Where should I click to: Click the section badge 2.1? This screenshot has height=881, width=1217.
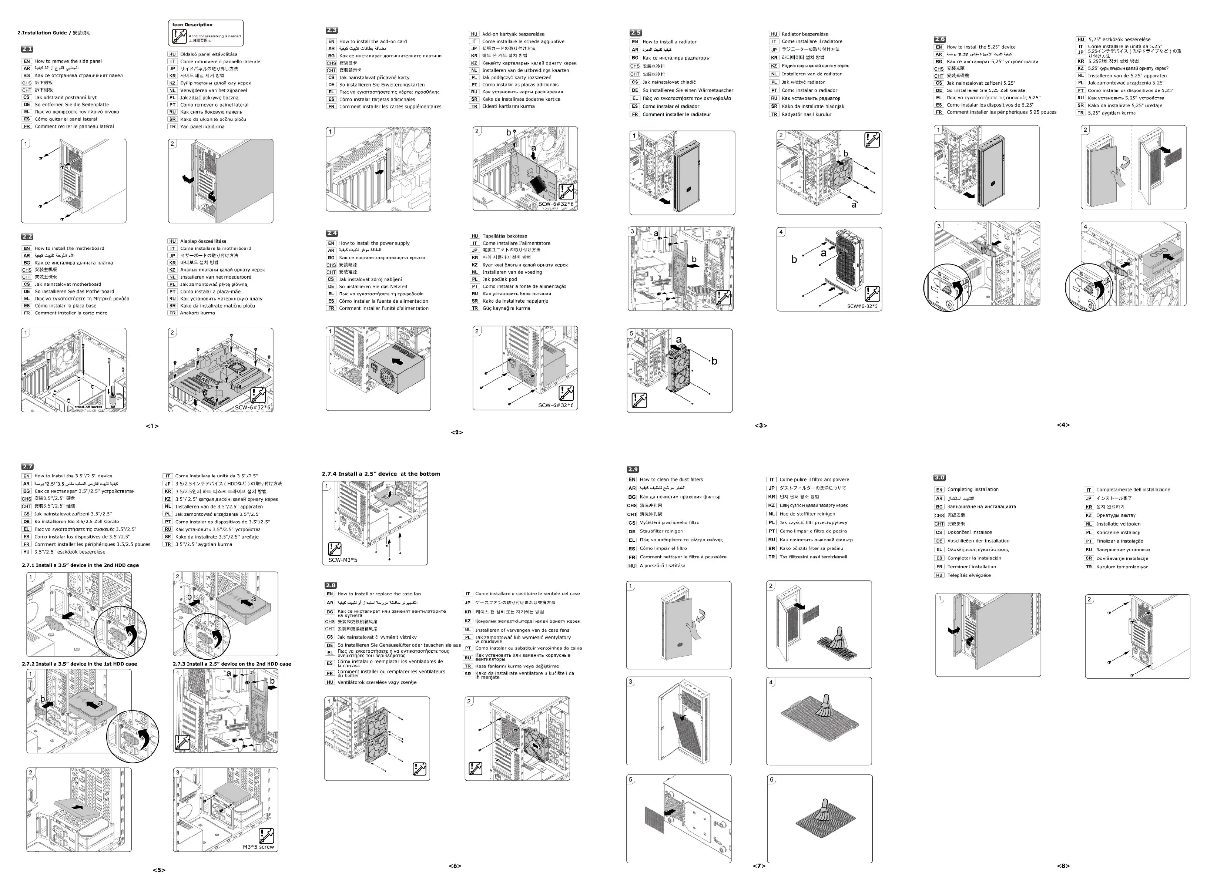(x=27, y=49)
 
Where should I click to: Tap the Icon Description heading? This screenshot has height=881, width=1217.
(x=192, y=25)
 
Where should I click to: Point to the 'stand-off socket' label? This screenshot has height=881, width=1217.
(x=88, y=407)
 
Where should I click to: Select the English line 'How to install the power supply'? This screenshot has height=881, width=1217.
(x=374, y=243)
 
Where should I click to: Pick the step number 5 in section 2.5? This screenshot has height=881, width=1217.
(x=631, y=333)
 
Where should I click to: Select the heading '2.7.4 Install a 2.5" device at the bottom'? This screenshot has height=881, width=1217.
(x=380, y=474)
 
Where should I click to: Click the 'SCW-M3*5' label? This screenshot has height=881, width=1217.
(x=343, y=559)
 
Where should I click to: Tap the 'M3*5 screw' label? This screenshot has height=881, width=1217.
(x=258, y=847)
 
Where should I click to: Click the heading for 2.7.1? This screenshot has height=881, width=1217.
(x=80, y=565)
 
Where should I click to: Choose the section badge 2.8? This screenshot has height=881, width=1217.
(x=331, y=585)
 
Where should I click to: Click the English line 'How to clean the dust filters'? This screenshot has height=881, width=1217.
(x=671, y=480)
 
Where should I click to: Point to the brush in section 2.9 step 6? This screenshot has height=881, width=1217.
(x=821, y=811)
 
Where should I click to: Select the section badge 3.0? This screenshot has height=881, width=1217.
(x=939, y=478)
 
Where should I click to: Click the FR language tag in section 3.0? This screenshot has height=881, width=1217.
(x=939, y=566)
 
